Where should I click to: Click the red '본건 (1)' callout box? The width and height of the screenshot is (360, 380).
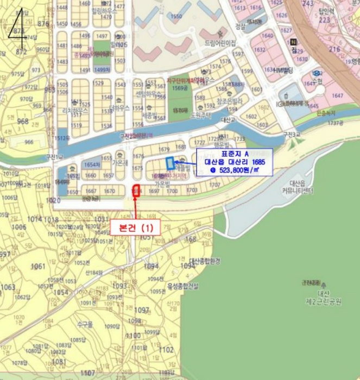[x=136, y=227]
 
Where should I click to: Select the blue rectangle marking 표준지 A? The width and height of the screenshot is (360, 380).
[x=170, y=163]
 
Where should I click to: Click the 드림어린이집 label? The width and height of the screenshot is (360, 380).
[x=220, y=42]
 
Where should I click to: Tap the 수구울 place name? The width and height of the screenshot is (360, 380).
[x=85, y=324]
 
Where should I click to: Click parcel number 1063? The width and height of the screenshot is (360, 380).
[x=8, y=287]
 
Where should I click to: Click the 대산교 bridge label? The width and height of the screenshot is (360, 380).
[x=230, y=119]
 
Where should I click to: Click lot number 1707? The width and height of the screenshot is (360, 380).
[x=215, y=185]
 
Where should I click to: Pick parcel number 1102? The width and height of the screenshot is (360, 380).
[x=167, y=350]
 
